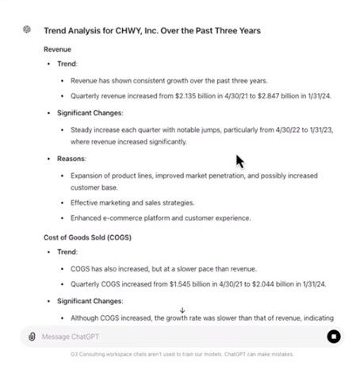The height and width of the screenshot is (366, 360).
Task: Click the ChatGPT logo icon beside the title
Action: tap(27, 30)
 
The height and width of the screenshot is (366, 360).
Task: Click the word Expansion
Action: tap(87, 174)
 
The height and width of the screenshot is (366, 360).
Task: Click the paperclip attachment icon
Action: tap(32, 336)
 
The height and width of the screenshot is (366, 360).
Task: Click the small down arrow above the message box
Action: tap(182, 310)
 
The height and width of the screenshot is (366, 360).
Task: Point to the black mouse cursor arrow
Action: tap(239, 161)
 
